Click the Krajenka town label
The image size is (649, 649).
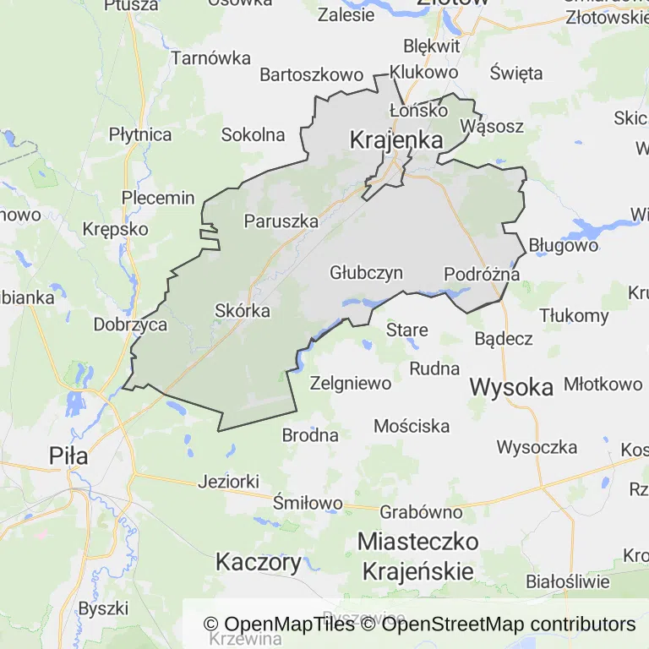click(396, 140)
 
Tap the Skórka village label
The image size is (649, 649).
click(243, 311)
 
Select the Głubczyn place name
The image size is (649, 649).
click(366, 273)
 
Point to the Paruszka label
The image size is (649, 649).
click(281, 221)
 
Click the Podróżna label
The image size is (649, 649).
click(482, 274)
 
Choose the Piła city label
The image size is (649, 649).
click(68, 456)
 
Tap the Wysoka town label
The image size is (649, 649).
click(511, 387)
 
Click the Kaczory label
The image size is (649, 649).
click(259, 562)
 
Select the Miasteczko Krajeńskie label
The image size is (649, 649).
click(417, 555)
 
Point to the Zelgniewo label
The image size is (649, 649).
click(351, 383)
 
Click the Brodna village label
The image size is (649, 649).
click(310, 436)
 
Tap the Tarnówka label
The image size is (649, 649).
click(211, 58)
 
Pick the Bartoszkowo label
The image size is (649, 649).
click(311, 74)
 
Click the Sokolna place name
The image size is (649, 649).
click(253, 134)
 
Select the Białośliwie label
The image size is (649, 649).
click(567, 581)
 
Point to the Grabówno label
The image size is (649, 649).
click(421, 512)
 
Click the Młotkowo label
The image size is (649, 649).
click(603, 384)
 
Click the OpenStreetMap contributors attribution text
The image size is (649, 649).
click(509, 624)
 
